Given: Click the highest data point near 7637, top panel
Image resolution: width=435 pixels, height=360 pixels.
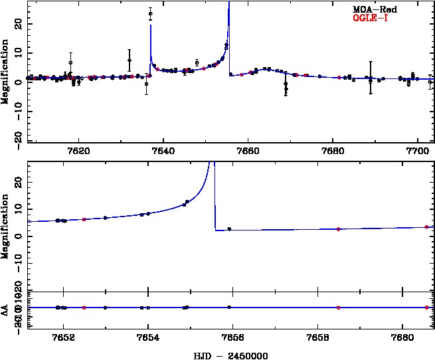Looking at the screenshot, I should click(x=151, y=13).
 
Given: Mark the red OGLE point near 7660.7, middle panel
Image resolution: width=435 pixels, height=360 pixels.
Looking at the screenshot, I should click(x=426, y=227).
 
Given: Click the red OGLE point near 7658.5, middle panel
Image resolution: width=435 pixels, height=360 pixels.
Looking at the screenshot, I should click(x=338, y=229).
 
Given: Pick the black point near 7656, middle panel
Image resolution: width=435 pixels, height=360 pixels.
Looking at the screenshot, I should click(x=229, y=229).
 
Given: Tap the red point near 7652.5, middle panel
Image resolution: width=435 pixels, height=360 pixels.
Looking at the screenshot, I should click(x=84, y=219).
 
